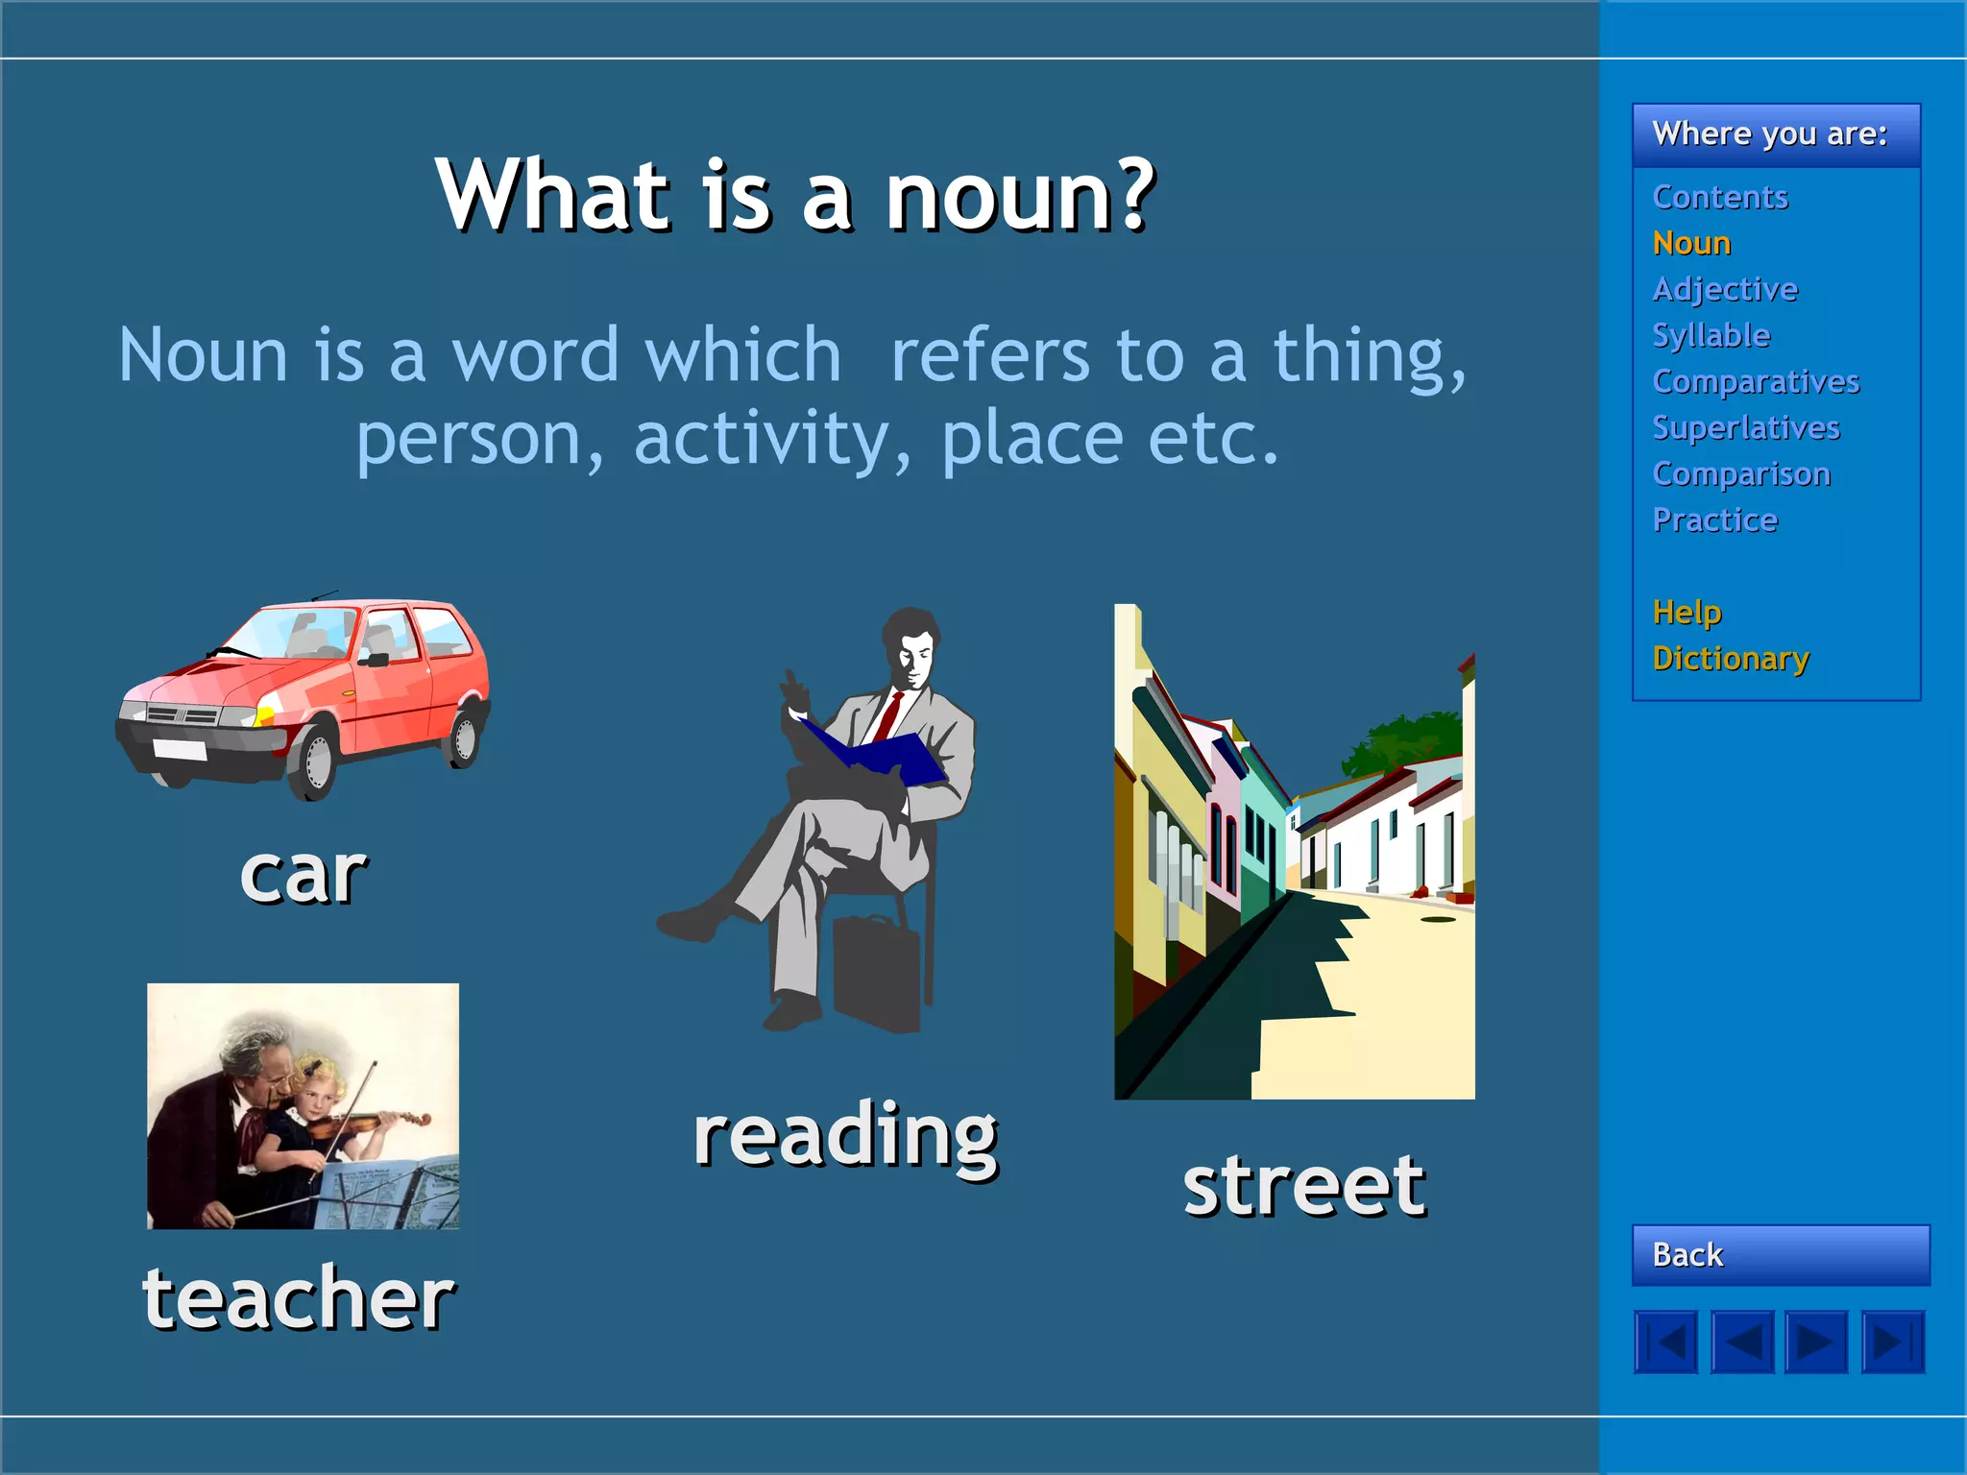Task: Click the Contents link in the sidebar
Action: coord(1720,197)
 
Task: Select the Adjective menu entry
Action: coord(1725,289)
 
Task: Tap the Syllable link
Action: coord(1711,335)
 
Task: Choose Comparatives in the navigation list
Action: coord(1756,381)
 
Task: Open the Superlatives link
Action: coord(1745,427)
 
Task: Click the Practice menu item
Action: coord(1714,520)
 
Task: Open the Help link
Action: coord(1687,612)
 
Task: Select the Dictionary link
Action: coord(1731,659)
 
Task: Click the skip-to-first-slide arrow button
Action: coord(1666,1342)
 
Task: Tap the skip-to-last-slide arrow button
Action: coord(1892,1342)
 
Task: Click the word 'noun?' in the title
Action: coord(1019,196)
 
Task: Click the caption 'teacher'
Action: coord(299,1297)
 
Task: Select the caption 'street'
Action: coord(1303,1186)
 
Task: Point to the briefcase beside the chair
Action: coord(876,975)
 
